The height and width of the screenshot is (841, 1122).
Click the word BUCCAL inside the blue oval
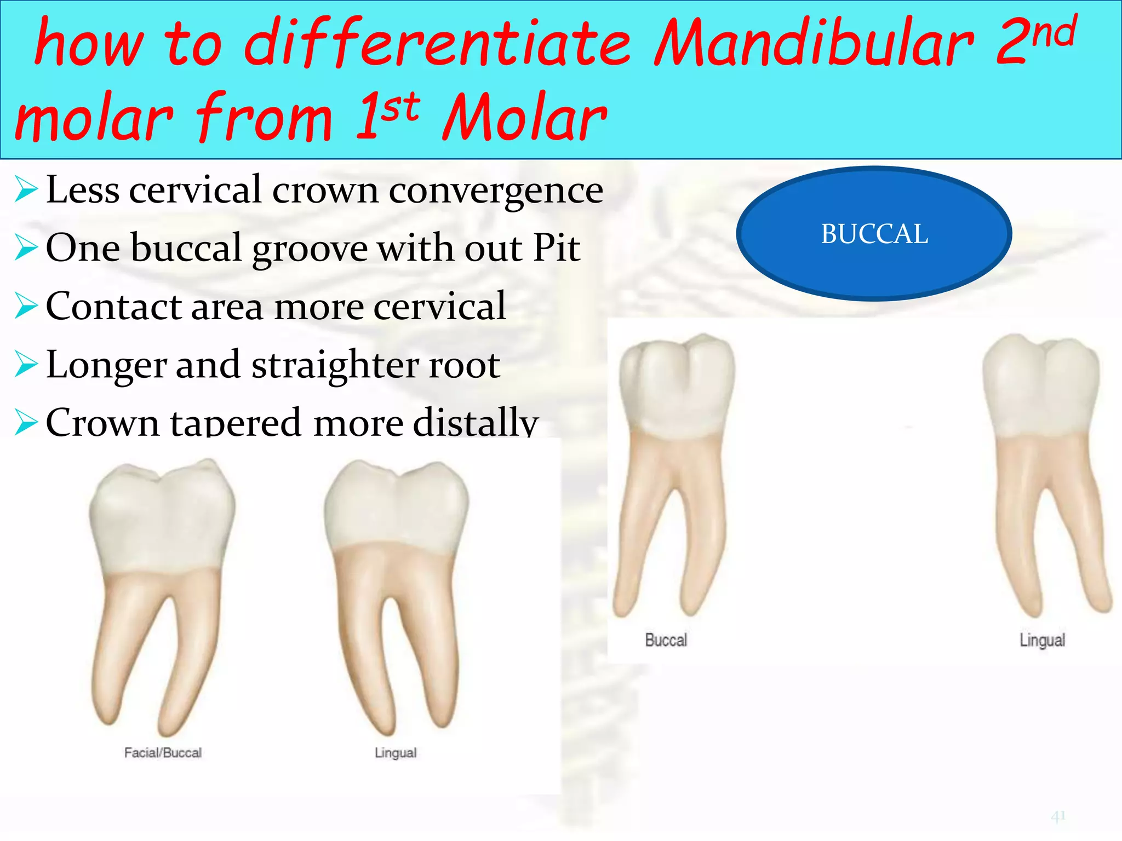coord(874,234)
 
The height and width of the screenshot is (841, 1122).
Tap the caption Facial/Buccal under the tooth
coord(163,753)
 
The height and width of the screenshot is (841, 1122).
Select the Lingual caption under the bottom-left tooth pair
coord(395,753)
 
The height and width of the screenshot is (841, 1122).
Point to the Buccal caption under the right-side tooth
coord(666,640)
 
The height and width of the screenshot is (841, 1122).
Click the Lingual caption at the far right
coord(1042,640)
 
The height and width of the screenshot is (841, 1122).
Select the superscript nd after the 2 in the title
coord(1055,33)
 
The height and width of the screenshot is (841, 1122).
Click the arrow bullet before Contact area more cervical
coord(26,306)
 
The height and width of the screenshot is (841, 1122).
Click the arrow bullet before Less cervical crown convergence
coord(26,190)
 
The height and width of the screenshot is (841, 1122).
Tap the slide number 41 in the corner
coord(1058,816)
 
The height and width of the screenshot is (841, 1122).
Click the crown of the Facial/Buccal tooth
coord(162,520)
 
